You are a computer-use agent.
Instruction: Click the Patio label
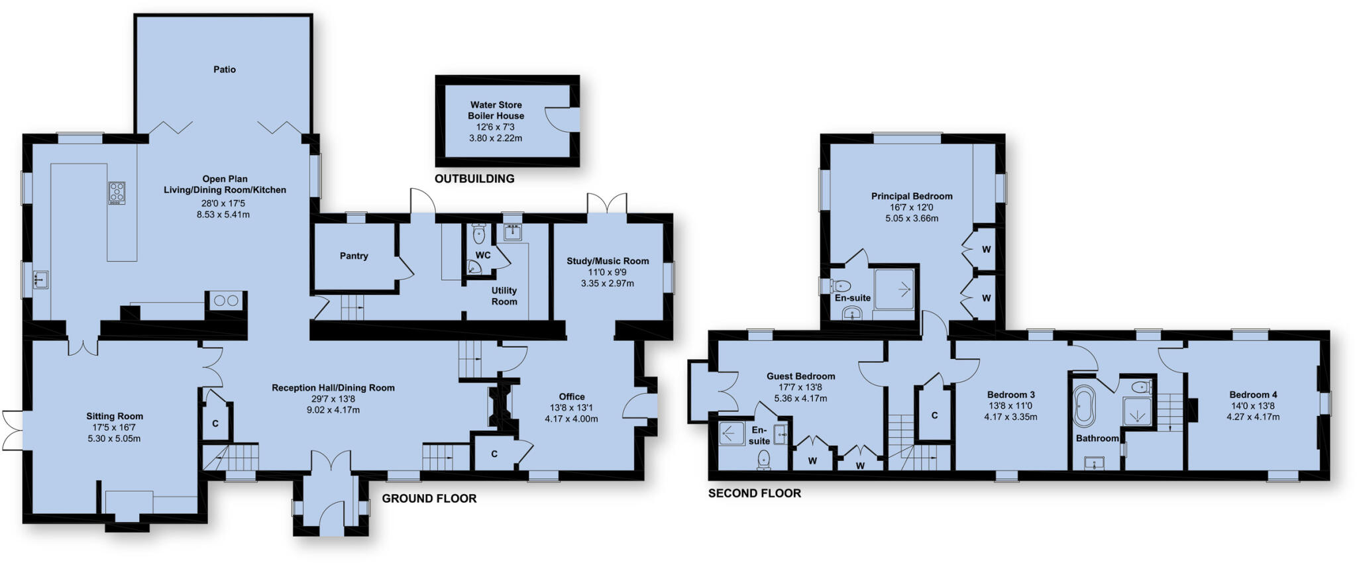[x=225, y=70]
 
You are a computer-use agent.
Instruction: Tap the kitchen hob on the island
[x=117, y=193]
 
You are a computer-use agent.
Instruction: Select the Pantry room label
[x=354, y=256]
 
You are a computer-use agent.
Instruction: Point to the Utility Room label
[x=504, y=296]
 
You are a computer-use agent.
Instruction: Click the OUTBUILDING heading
[x=474, y=179]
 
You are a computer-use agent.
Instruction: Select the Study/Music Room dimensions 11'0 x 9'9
[x=607, y=272]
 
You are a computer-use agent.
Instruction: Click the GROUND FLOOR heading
[x=429, y=499]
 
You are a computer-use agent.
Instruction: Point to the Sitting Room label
[x=115, y=417]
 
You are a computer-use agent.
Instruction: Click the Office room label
[x=571, y=397]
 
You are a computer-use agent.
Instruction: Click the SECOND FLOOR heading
[x=755, y=493]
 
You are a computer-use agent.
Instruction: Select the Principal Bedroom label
[x=912, y=196]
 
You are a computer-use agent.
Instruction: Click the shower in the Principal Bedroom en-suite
[x=894, y=289]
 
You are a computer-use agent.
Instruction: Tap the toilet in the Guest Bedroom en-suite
[x=764, y=458]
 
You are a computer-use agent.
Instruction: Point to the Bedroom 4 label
[x=1253, y=395]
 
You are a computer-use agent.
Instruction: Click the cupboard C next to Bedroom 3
[x=934, y=415]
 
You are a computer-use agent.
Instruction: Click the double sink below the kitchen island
[x=226, y=301]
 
